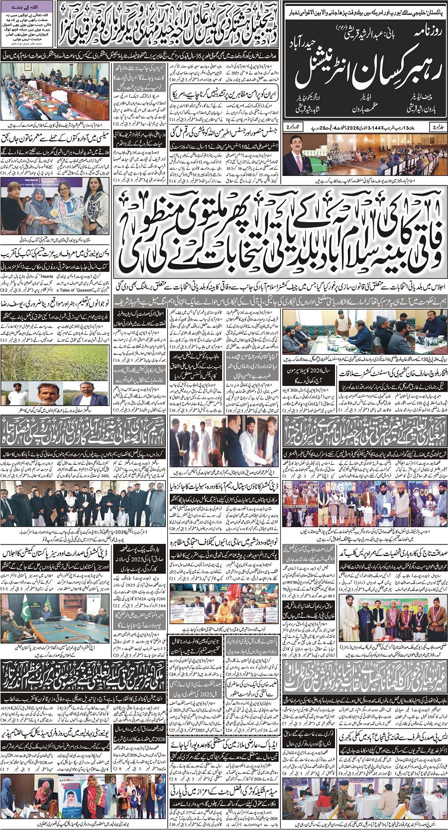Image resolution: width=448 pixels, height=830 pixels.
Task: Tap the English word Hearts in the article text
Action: [47, 276]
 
